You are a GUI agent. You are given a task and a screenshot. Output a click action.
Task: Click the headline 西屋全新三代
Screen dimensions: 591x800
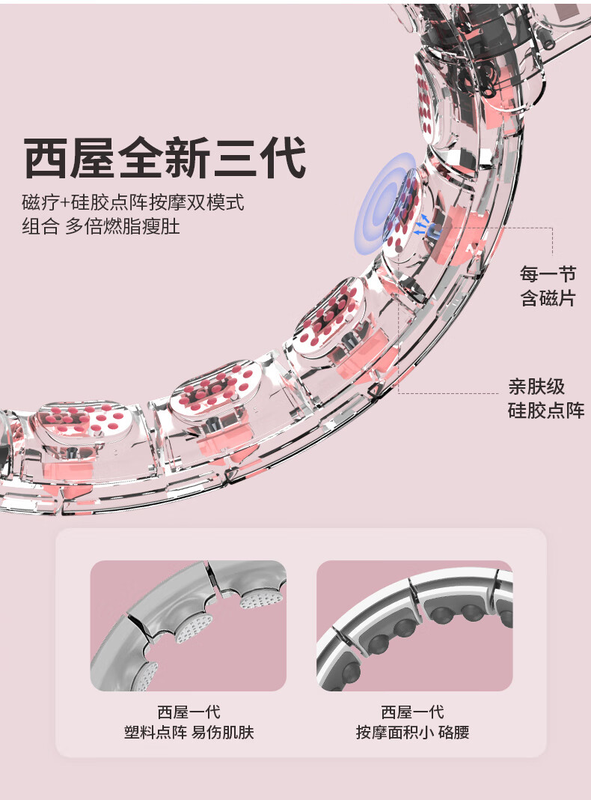(164, 157)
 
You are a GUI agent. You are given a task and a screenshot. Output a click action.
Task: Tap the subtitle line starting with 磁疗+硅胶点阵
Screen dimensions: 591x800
(133, 202)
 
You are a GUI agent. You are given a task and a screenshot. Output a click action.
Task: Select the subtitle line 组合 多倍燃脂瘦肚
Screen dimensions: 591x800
(101, 226)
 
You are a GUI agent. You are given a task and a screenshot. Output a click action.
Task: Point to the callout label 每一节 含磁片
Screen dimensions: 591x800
(548, 285)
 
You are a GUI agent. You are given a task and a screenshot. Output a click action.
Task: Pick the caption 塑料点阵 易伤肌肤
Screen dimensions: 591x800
(189, 732)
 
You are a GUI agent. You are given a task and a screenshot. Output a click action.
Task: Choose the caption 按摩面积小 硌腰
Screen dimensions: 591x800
(412, 732)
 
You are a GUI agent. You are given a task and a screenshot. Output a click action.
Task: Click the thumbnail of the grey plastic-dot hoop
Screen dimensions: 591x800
(188, 625)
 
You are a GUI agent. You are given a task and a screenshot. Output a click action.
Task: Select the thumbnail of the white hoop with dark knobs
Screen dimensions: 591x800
(414, 625)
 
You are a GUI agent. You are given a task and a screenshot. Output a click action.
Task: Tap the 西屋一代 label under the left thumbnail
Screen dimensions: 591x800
(189, 712)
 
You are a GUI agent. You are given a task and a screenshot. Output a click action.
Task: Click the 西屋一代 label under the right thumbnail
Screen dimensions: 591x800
(412, 712)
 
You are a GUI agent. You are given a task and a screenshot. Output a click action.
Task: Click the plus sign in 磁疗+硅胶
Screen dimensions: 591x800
(64, 203)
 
